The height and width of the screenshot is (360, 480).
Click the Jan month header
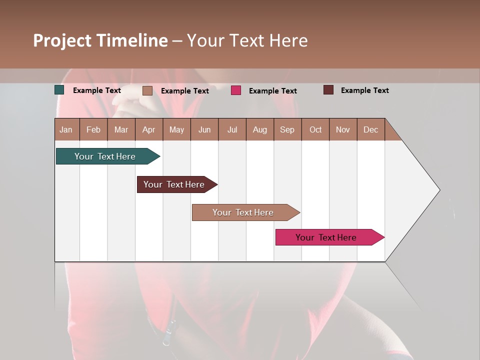[66, 129]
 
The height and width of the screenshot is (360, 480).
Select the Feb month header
[93, 129]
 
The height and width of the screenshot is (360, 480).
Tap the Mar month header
[121, 129]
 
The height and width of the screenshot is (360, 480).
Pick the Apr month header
[149, 129]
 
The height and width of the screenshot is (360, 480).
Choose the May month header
[176, 129]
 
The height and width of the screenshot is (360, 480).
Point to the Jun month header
[204, 129]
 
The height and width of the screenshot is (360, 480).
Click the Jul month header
[232, 129]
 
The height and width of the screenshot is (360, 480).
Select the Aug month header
[260, 129]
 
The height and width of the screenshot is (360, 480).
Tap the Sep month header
[287, 129]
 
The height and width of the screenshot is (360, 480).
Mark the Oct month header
[315, 129]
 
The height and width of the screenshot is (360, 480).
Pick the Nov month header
[343, 129]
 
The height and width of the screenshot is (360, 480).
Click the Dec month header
[371, 129]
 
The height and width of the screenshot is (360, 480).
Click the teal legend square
[59, 90]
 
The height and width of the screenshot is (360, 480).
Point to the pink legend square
[236, 90]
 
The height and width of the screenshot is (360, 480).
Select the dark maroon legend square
[328, 90]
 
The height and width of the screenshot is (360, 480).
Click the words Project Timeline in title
[100, 40]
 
